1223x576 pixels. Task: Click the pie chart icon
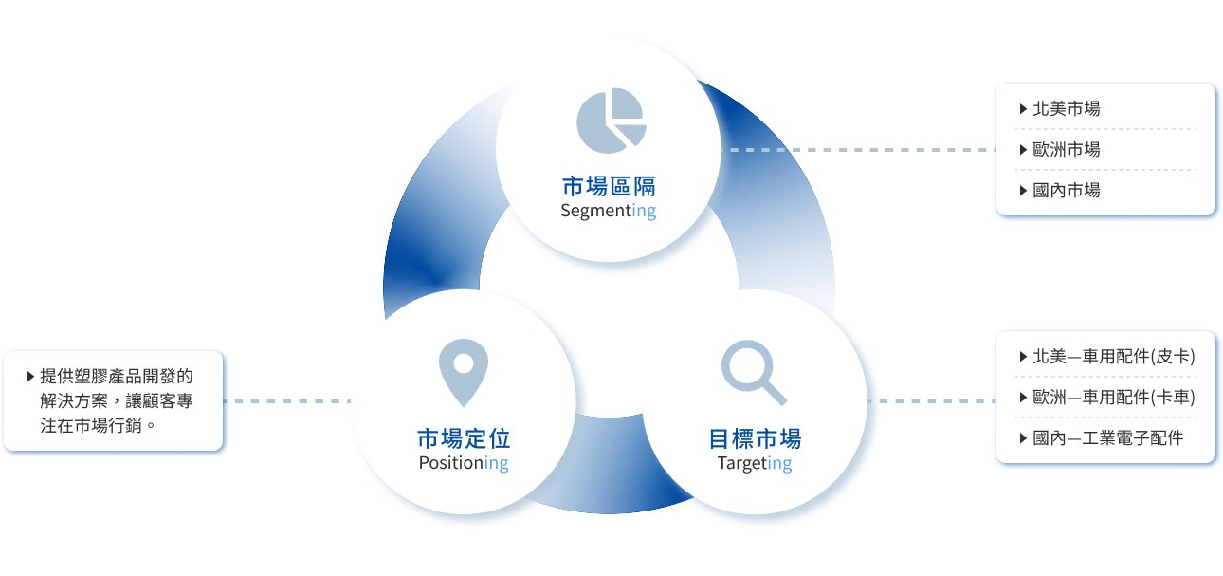[611, 119]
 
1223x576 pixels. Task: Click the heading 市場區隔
[608, 185]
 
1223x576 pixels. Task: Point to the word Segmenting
[608, 211]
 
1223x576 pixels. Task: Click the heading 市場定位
[464, 438]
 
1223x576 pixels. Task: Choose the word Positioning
[464, 463]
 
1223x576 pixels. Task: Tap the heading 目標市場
[755, 438]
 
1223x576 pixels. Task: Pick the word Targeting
[755, 463]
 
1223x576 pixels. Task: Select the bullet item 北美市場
[1066, 109]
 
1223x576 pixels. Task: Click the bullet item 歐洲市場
[1066, 150]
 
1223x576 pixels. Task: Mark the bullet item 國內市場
[1066, 191]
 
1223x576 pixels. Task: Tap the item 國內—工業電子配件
[1107, 438]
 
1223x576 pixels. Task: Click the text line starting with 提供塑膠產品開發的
[117, 376]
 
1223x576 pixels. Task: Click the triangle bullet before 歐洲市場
[1022, 150]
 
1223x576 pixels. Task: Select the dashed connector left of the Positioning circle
[289, 401]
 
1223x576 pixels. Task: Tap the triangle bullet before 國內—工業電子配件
[1022, 438]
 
